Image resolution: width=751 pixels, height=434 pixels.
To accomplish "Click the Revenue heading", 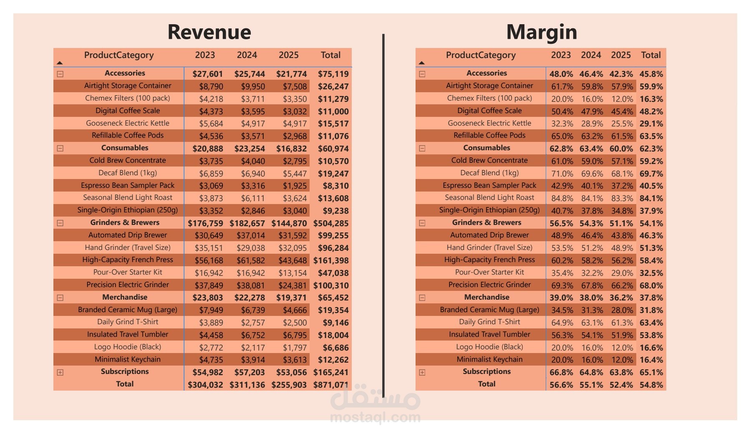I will tap(209, 32).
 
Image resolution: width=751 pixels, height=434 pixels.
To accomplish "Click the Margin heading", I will tap(541, 32).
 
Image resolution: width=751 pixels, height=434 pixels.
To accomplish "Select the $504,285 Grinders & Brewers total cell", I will tap(331, 223).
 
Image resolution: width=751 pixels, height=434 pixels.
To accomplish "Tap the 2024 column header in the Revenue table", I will tap(247, 55).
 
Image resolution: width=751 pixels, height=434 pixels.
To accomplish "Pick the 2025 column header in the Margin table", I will tap(621, 55).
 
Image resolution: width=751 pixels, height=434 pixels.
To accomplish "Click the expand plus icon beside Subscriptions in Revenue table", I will tap(60, 372).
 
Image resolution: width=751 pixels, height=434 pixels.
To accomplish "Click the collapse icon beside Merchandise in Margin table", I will tap(422, 298).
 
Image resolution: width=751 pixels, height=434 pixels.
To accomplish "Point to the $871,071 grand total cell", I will tap(331, 385).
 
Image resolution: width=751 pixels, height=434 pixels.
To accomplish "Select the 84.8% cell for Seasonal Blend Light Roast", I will tap(562, 198).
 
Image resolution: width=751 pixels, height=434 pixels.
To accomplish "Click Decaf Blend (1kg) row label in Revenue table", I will tap(128, 173).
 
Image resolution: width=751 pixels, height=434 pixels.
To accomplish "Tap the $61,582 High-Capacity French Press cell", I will tap(250, 260).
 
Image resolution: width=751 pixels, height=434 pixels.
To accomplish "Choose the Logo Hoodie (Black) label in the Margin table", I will tap(489, 347).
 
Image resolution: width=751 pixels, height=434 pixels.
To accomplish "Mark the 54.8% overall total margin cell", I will tap(651, 385).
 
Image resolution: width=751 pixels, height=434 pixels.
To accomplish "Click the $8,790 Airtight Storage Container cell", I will tap(211, 86).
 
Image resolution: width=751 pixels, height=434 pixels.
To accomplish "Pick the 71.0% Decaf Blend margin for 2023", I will tap(562, 174).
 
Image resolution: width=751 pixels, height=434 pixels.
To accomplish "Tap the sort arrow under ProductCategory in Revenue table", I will tap(60, 63).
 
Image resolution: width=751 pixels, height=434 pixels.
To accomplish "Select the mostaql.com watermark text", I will tap(375, 417).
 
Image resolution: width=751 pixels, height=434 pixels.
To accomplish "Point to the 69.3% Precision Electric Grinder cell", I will tap(562, 285).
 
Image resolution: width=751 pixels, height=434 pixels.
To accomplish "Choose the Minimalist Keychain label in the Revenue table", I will tap(128, 359).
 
